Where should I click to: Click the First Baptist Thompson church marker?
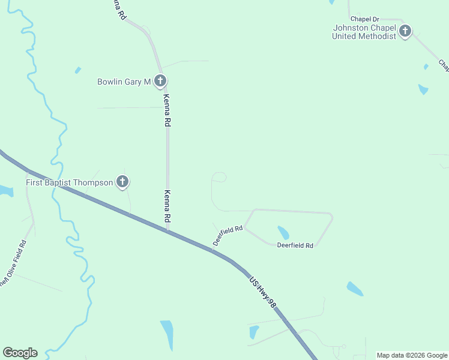(x=122, y=181)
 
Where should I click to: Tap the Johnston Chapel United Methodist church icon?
(x=405, y=31)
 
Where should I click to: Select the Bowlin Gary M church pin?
(x=160, y=80)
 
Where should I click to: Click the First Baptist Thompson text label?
(x=69, y=182)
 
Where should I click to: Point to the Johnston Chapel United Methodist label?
(x=364, y=32)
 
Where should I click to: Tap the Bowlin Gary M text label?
(x=124, y=82)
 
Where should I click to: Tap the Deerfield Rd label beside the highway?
(x=228, y=235)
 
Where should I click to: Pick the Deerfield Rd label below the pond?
(x=295, y=245)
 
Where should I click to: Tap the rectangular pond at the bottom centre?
(x=167, y=335)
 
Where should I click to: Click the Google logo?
(x=20, y=353)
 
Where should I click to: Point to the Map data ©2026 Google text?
(x=412, y=355)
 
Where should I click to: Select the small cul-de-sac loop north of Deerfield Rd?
(x=219, y=177)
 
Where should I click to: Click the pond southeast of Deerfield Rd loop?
(x=355, y=289)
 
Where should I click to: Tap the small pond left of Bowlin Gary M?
(x=77, y=70)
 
